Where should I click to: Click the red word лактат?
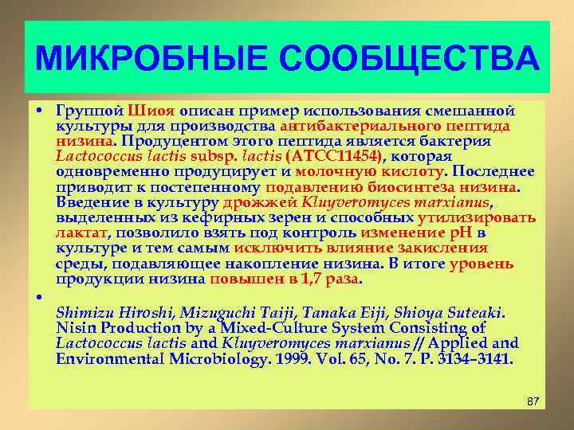pos(81,233)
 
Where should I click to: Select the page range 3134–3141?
pos(476,359)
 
